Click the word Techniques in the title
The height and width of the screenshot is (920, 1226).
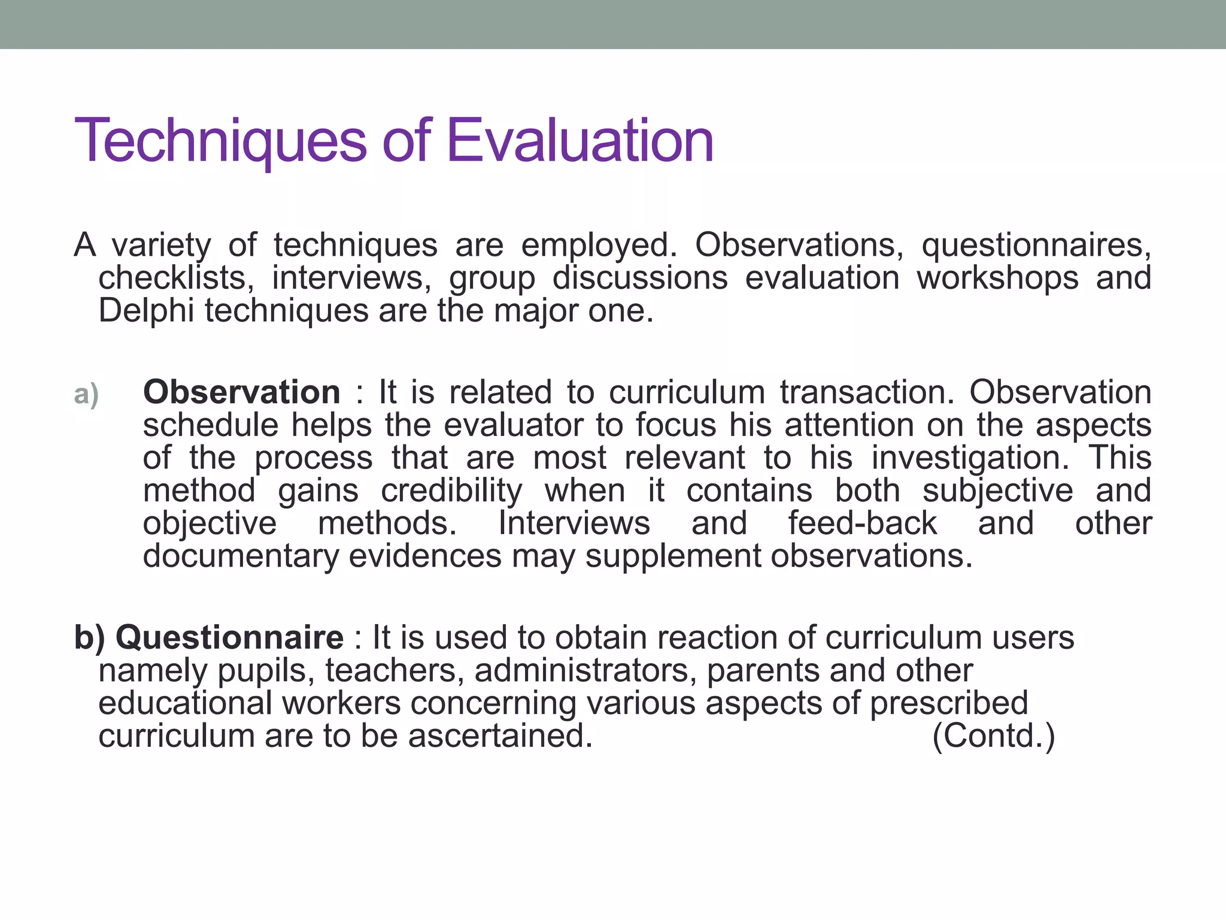coord(220,141)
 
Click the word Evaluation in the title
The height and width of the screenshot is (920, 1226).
coord(579,141)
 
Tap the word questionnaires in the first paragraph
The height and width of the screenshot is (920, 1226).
coord(1036,246)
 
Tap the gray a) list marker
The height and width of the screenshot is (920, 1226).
coord(86,394)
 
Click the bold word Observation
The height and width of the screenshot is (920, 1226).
coord(242,392)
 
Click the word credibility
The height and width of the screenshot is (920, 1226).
coord(451,491)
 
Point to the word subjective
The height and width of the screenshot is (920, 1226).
coord(997,491)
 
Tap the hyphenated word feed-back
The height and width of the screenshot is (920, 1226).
coord(862,523)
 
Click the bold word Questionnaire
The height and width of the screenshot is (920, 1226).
coord(230,637)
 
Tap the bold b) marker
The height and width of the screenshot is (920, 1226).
coord(89,637)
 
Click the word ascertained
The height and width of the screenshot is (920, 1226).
coord(500,736)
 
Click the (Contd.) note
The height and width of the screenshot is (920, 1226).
coord(994,736)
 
